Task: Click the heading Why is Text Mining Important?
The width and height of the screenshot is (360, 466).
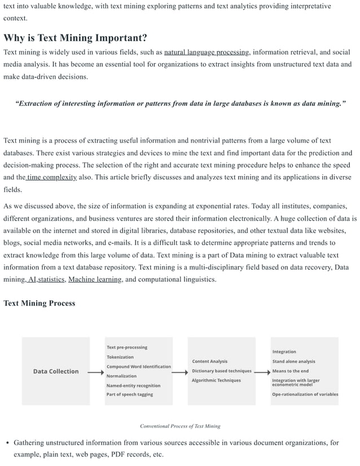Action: (x=75, y=38)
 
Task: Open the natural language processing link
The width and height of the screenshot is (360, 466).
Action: (x=207, y=52)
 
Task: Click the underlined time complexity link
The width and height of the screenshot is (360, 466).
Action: (x=52, y=177)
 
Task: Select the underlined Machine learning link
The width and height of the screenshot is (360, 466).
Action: (x=95, y=279)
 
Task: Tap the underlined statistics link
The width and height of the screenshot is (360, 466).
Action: (x=51, y=279)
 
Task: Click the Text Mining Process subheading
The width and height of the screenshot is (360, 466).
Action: (x=39, y=303)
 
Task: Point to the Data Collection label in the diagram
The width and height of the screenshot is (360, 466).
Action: (x=56, y=371)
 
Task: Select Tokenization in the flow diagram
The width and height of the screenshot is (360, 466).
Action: (x=120, y=357)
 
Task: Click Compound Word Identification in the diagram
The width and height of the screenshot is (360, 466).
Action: (x=138, y=367)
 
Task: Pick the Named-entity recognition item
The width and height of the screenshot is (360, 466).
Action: (x=133, y=385)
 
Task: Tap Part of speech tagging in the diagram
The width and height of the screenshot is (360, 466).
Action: (x=129, y=394)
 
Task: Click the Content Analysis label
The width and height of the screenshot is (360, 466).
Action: (x=209, y=362)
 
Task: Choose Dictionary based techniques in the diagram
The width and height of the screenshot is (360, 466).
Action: (x=221, y=371)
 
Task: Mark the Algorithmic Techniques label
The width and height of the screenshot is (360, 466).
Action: (x=216, y=380)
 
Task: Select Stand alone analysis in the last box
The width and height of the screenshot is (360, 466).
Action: (x=293, y=362)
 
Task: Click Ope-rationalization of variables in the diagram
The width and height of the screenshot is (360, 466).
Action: (x=305, y=394)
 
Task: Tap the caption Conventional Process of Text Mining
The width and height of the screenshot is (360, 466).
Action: (x=180, y=426)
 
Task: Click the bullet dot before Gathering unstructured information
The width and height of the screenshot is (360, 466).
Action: (x=7, y=443)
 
